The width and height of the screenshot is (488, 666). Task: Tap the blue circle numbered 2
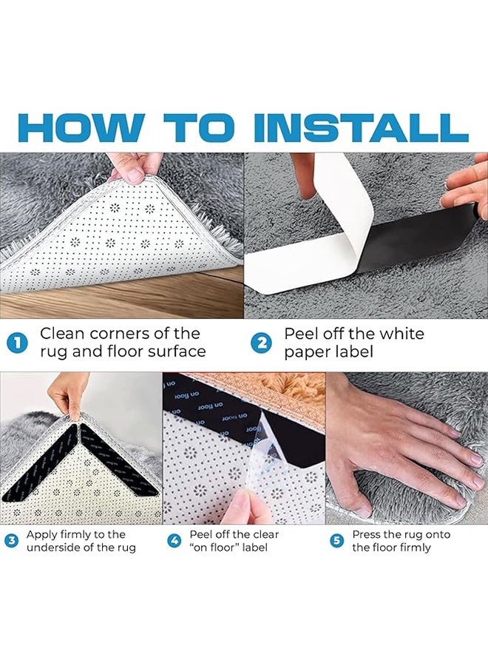[x=261, y=343]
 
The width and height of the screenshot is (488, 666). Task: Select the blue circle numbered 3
[x=12, y=541]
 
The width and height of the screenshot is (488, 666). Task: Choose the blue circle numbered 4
[x=174, y=541]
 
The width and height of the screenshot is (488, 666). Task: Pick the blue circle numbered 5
[x=337, y=541]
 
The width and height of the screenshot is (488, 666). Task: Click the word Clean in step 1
[x=64, y=334]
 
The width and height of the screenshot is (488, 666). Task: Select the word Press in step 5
[x=368, y=534]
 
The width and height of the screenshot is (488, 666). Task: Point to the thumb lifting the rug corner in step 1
[x=133, y=172]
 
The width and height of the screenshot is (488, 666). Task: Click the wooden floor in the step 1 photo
[x=111, y=303]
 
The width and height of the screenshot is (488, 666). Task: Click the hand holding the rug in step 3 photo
[x=68, y=396]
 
